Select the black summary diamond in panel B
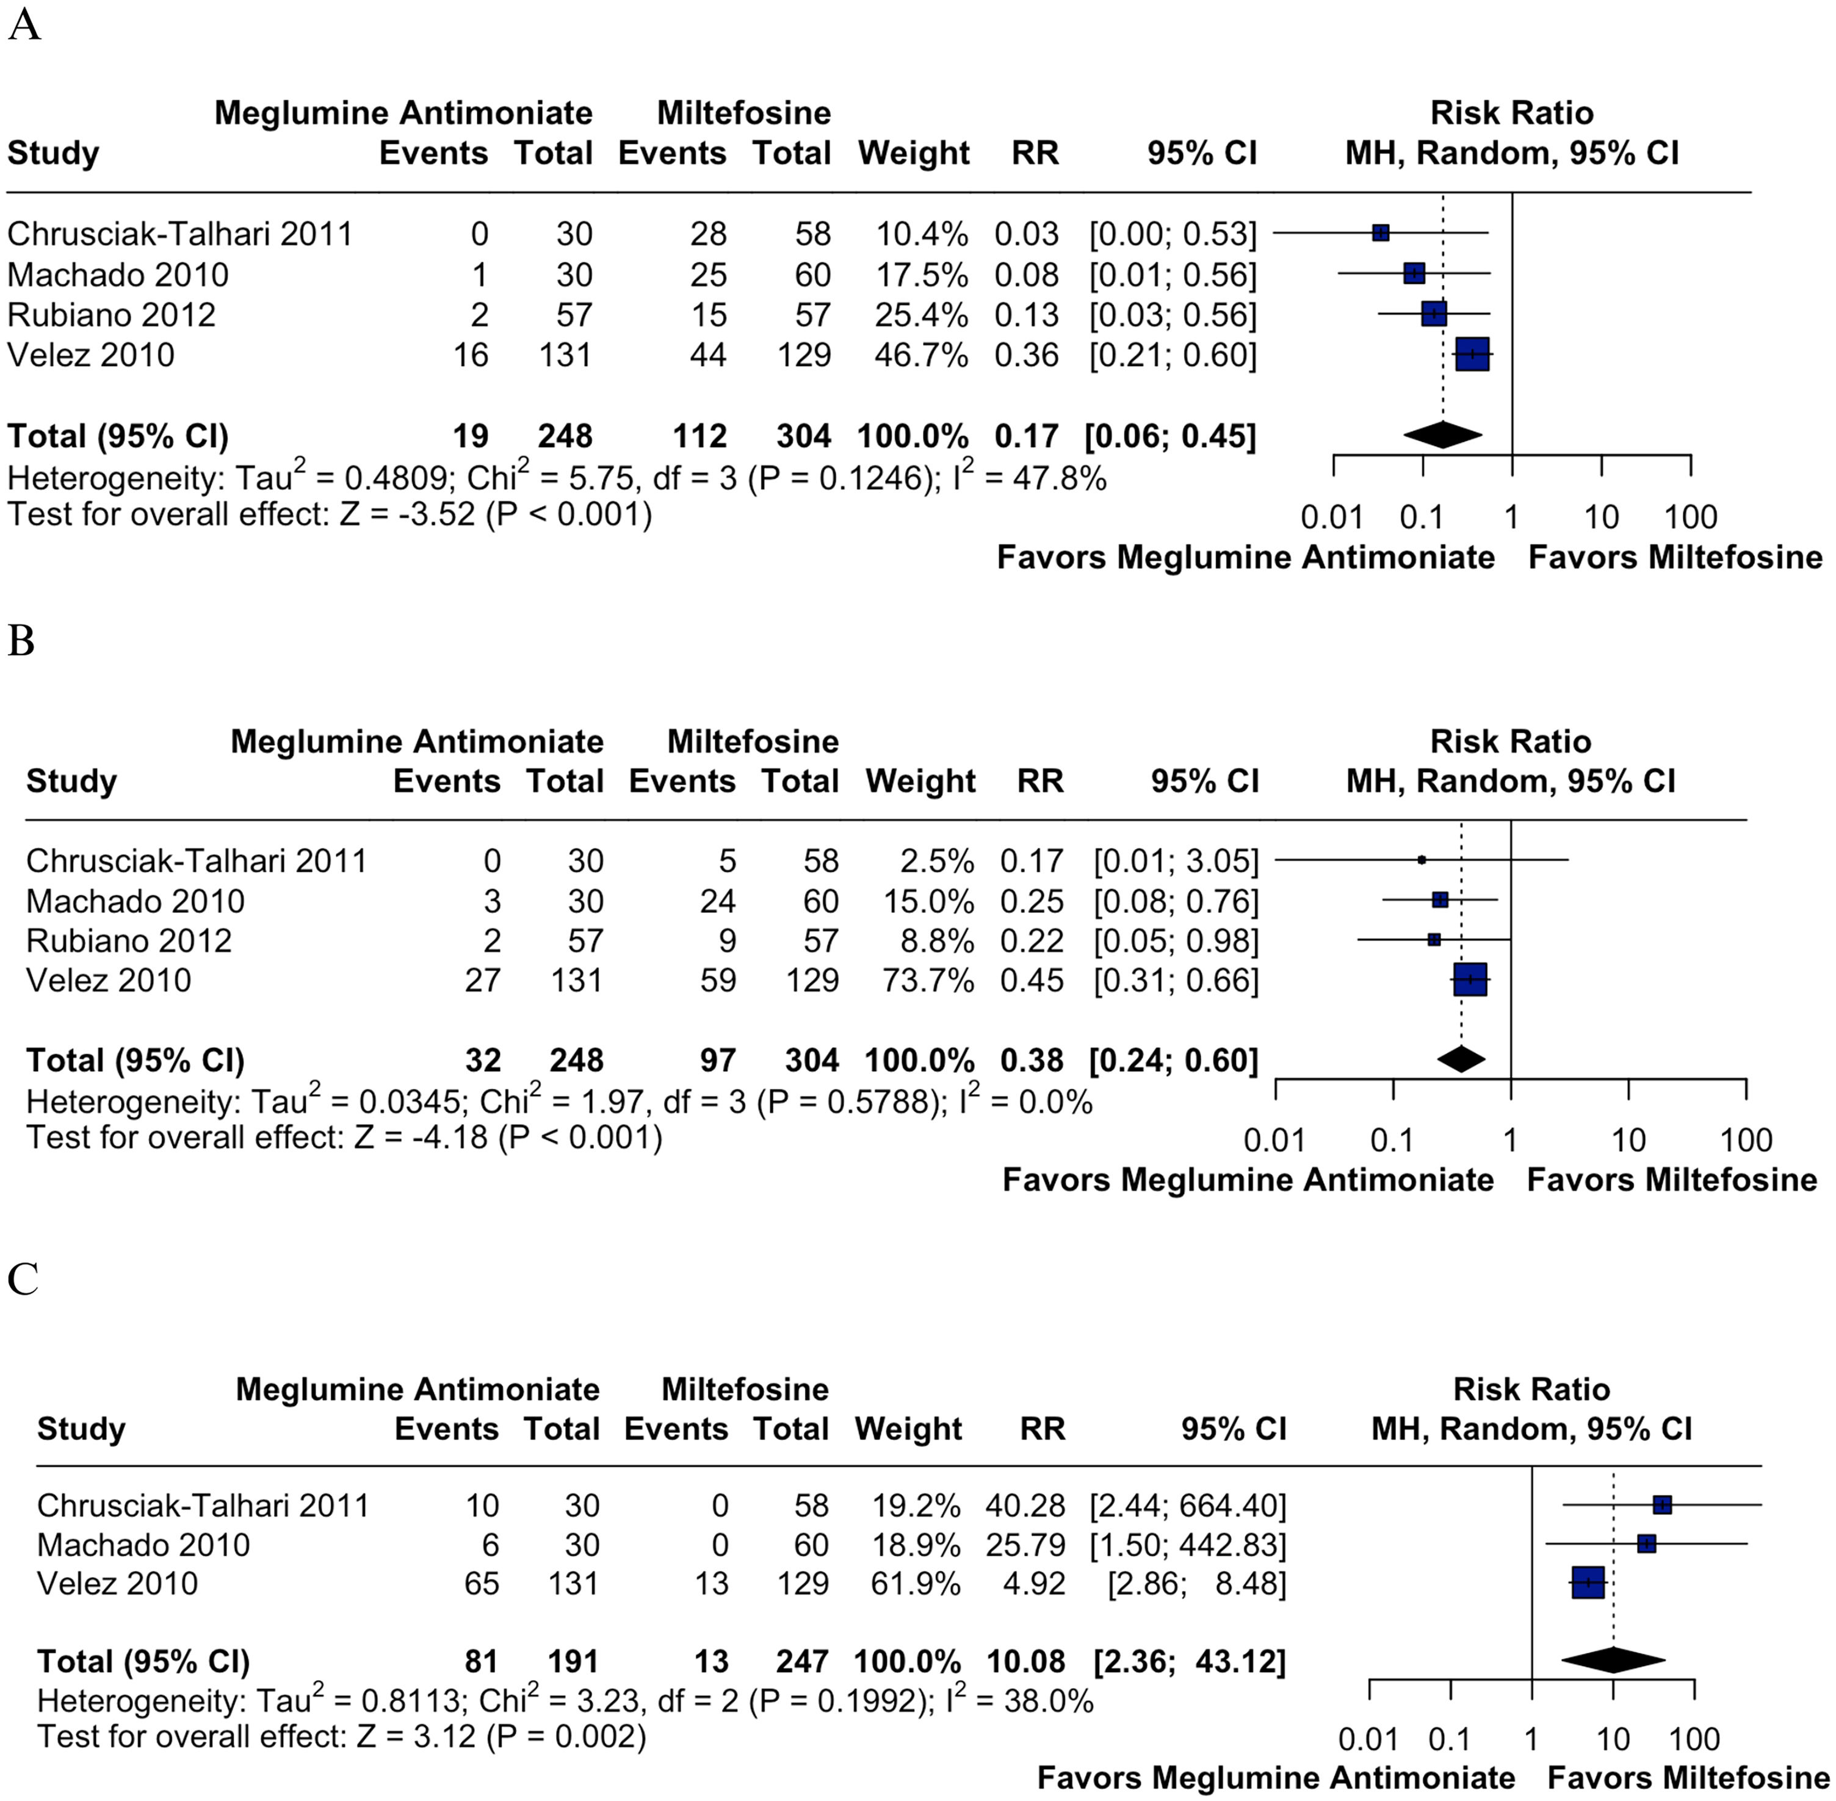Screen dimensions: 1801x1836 (1461, 1059)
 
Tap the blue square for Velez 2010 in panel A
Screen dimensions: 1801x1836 (1472, 355)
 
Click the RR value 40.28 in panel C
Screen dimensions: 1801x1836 (1025, 1505)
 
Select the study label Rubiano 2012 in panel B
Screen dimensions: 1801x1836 (129, 941)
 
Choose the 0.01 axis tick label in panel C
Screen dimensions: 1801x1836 (1368, 1739)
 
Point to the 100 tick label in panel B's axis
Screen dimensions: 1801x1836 (1745, 1140)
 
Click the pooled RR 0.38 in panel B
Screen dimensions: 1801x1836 (1032, 1060)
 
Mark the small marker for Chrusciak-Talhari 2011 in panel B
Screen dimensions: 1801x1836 (1422, 860)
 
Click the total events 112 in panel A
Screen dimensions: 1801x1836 (700, 436)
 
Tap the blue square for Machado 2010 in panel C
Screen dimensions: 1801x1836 (1647, 1543)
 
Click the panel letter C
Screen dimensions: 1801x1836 (23, 1280)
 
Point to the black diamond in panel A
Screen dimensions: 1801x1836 (1442, 435)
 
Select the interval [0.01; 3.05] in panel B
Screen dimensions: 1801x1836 (1176, 861)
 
